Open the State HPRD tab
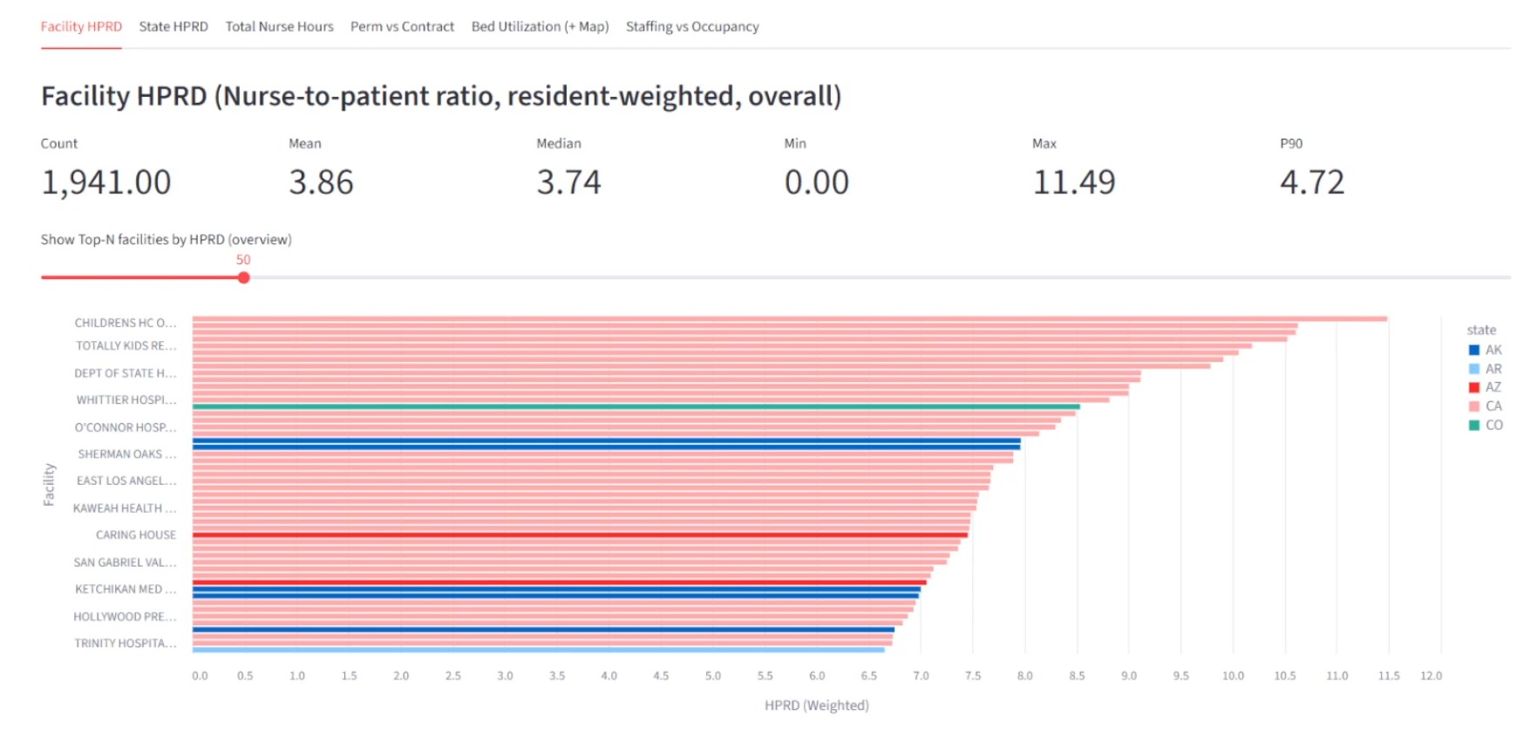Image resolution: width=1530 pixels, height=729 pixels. pyautogui.click(x=173, y=27)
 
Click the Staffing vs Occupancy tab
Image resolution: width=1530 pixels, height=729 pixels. pyautogui.click(x=691, y=27)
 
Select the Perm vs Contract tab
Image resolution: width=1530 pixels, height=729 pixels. pyautogui.click(x=402, y=27)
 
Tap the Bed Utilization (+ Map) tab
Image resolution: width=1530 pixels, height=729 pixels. pyautogui.click(x=540, y=27)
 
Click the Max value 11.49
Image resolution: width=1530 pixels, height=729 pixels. pyautogui.click(x=1073, y=182)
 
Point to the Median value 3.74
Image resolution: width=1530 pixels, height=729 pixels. pyautogui.click(x=568, y=182)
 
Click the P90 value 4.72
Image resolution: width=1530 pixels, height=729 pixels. pyautogui.click(x=1311, y=182)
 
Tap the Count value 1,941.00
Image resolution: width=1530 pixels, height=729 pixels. pyautogui.click(x=105, y=182)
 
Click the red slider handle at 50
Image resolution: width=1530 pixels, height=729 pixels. pyautogui.click(x=244, y=277)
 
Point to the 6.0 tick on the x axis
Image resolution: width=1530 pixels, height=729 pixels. pyautogui.click(x=817, y=676)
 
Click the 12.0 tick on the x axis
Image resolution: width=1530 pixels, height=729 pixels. pyautogui.click(x=1431, y=676)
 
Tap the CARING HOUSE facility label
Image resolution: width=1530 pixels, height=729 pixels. pyautogui.click(x=135, y=535)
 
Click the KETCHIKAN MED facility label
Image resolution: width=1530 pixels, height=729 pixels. pyautogui.click(x=125, y=589)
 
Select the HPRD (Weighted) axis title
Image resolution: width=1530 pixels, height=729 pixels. pyautogui.click(x=816, y=705)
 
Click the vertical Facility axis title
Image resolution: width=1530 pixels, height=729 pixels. pyautogui.click(x=49, y=484)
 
